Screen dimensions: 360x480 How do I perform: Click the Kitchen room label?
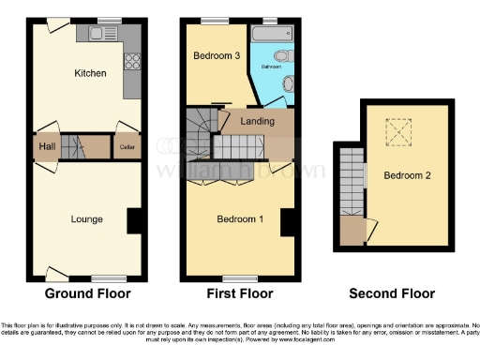pyautogui.click(x=90, y=73)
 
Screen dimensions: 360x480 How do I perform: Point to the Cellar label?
pyautogui.click(x=127, y=147)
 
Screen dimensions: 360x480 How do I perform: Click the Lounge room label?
pyautogui.click(x=86, y=219)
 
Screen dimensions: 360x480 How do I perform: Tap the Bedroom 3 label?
pyautogui.click(x=217, y=56)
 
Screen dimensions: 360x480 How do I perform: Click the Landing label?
pyautogui.click(x=257, y=122)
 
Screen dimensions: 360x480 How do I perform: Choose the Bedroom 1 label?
pyautogui.click(x=240, y=219)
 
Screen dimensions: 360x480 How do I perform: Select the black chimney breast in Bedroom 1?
pyautogui.click(x=288, y=222)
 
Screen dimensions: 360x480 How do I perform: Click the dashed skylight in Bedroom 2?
pyautogui.click(x=401, y=134)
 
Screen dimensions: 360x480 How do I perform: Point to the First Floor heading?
pyautogui.click(x=239, y=293)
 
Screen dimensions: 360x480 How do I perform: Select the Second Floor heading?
pyautogui.click(x=392, y=293)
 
